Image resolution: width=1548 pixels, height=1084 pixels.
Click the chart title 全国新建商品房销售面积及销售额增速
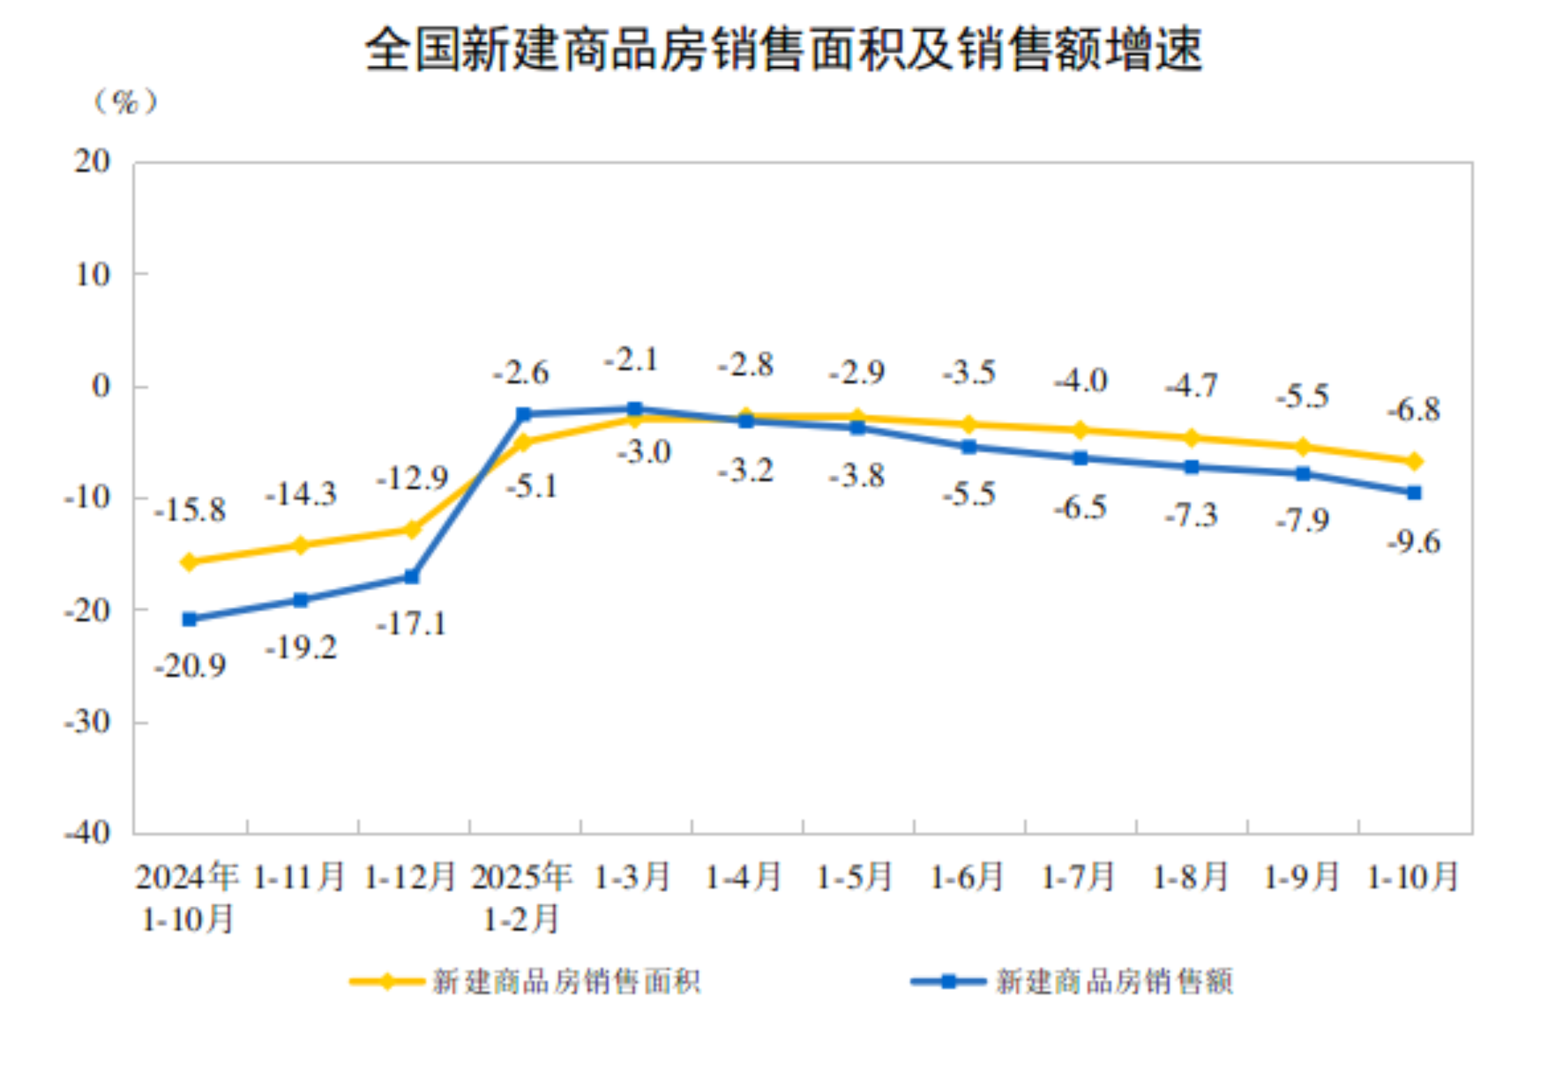pyautogui.click(x=782, y=50)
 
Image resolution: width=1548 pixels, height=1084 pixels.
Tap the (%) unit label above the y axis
pyautogui.click(x=126, y=102)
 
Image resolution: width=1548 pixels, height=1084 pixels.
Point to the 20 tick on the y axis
pyautogui.click(x=94, y=162)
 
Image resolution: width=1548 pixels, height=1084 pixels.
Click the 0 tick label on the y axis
pyautogui.click(x=101, y=386)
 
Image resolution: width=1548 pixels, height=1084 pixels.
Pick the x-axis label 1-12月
pyautogui.click(x=410, y=877)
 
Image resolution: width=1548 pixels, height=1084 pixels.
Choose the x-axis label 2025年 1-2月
pyautogui.click(x=522, y=897)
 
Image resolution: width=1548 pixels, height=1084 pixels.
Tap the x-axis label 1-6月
pyautogui.click(x=968, y=877)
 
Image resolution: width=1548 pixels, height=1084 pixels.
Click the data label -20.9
pyautogui.click(x=190, y=666)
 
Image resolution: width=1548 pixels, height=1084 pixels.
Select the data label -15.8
pyautogui.click(x=190, y=510)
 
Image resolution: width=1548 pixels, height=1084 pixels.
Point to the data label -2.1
pyautogui.click(x=631, y=360)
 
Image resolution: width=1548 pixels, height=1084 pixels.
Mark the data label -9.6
pyautogui.click(x=1414, y=541)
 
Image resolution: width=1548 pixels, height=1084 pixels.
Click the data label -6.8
pyautogui.click(x=1414, y=409)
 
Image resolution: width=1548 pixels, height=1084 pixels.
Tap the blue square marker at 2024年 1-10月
pyautogui.click(x=189, y=619)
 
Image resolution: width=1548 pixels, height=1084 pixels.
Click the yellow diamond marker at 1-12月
pyautogui.click(x=412, y=529)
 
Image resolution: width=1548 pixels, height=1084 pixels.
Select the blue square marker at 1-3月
pyautogui.click(x=634, y=409)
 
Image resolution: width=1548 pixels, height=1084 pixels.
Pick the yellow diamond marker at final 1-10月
pyautogui.click(x=1414, y=461)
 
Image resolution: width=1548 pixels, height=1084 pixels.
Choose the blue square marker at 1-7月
pyautogui.click(x=1080, y=458)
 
